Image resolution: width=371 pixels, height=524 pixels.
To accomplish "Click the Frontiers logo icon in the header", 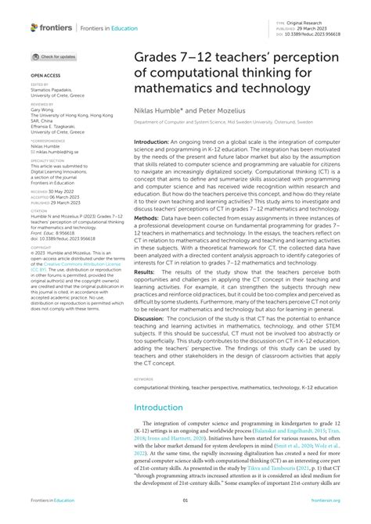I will pyautogui.click(x=34, y=27).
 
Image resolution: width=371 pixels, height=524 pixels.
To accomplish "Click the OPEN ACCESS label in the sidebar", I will pyautogui.click(x=43, y=76).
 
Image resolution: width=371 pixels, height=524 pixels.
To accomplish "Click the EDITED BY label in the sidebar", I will pyautogui.click(x=39, y=84).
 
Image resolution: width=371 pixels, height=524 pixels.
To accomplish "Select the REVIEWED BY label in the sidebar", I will pyautogui.click(x=41, y=102).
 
